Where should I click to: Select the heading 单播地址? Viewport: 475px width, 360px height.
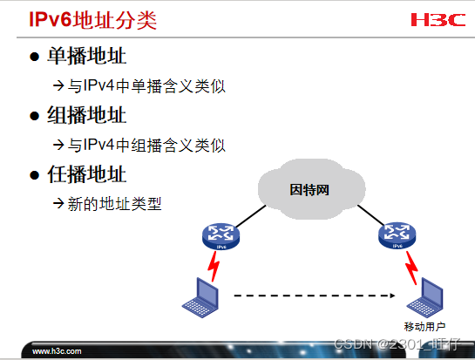pyautogui.click(x=87, y=57)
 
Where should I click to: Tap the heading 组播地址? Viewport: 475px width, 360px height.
pyautogui.click(x=87, y=115)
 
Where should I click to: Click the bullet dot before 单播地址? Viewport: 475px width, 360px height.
pyautogui.click(x=35, y=58)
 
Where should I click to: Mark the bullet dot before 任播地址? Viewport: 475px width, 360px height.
pyautogui.click(x=35, y=174)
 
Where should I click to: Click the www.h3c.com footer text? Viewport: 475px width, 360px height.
pyautogui.click(x=57, y=351)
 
